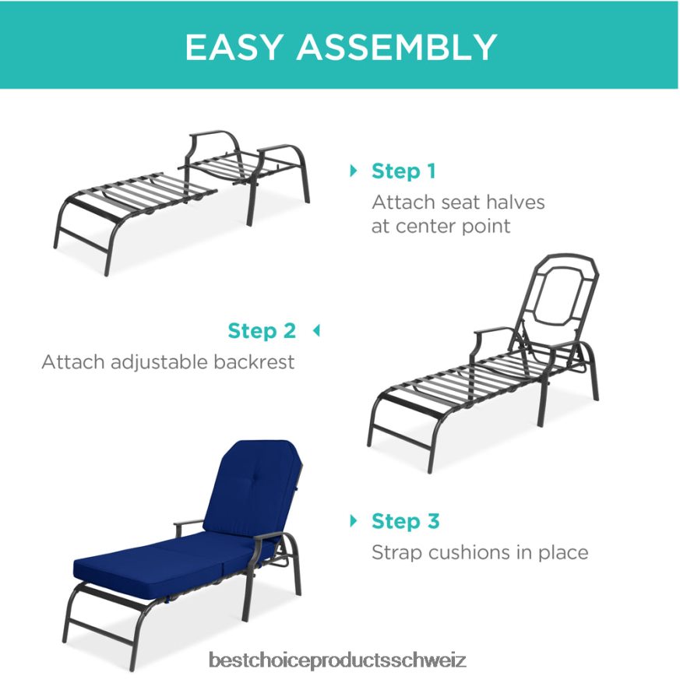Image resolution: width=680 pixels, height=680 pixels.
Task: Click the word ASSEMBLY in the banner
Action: click(397, 47)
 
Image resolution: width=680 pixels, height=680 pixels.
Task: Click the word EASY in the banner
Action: click(235, 47)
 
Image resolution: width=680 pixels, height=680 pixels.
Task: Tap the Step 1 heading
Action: click(403, 171)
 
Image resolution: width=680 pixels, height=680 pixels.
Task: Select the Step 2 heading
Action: click(262, 330)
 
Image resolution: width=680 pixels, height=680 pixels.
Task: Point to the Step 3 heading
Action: click(405, 521)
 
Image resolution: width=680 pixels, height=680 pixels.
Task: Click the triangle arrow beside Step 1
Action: click(354, 170)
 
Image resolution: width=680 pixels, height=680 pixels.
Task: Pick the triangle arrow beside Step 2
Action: click(316, 330)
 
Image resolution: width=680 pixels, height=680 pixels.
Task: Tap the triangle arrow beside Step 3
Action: click(354, 520)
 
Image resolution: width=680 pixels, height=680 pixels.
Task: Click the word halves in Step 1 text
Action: click(513, 202)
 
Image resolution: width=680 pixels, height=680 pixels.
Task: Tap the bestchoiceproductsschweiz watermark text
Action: click(337, 661)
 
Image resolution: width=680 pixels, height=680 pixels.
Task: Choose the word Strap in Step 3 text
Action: click(396, 553)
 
